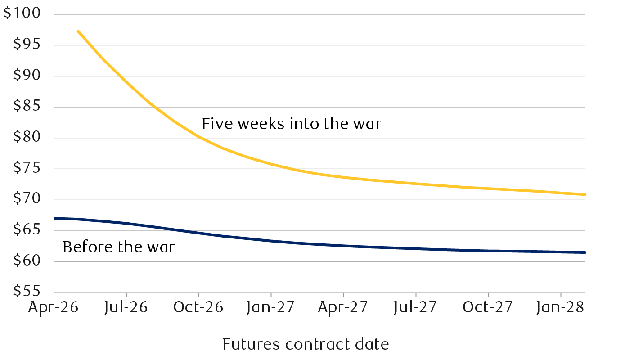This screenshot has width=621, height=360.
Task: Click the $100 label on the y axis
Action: click(22, 14)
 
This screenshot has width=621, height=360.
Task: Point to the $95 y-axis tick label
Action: click(25, 45)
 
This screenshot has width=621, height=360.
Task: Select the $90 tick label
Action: click(25, 76)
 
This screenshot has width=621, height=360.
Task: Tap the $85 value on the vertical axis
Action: click(25, 107)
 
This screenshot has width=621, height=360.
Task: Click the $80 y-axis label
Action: click(25, 138)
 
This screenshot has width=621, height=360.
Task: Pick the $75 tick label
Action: click(25, 169)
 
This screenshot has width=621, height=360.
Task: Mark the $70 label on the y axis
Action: click(25, 200)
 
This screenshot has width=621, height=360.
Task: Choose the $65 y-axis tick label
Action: click(25, 230)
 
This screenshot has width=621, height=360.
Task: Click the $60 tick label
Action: click(25, 261)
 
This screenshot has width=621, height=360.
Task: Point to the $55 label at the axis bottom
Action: click(25, 292)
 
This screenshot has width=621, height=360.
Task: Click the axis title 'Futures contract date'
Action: click(306, 344)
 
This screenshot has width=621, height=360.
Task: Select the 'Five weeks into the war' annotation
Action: click(291, 123)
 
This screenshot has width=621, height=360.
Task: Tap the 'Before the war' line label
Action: click(118, 247)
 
